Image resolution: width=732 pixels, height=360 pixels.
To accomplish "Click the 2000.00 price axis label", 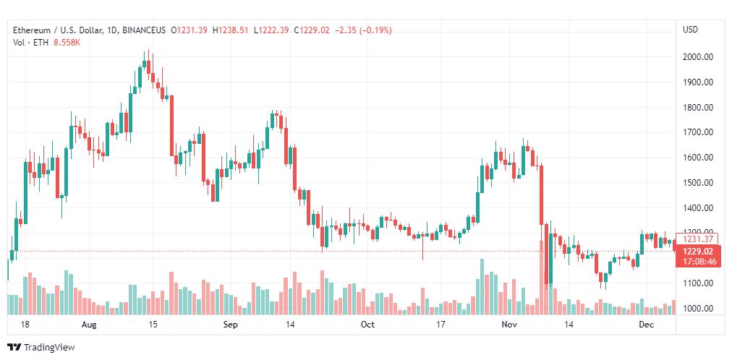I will point(699,57).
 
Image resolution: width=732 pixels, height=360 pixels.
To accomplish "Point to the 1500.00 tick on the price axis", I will point(699,183).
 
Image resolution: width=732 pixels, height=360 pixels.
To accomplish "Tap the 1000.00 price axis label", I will point(699,309).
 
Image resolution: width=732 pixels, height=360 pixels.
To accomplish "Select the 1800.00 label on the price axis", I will point(699,108).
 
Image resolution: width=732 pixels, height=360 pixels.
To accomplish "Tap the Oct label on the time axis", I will point(367,325).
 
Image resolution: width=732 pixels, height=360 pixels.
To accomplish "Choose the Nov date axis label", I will point(509,325).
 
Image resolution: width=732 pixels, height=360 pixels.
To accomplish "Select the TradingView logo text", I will point(48,348).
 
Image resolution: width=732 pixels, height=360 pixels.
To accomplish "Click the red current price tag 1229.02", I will point(699,252).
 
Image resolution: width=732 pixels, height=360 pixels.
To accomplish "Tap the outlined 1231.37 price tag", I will point(699,239).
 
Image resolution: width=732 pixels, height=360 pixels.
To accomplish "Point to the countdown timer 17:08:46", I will point(699,262).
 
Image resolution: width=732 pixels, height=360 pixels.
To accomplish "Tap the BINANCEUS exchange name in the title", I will point(145,30).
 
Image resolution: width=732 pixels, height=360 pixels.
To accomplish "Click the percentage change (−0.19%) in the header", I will point(373,30).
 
